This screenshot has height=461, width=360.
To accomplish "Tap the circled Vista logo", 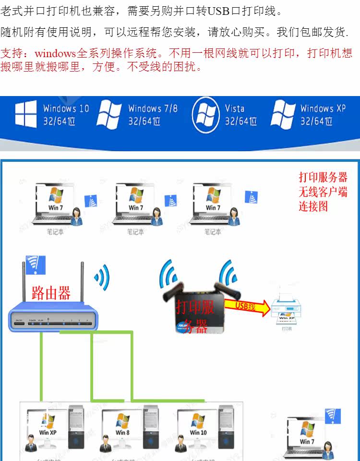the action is click(206, 115).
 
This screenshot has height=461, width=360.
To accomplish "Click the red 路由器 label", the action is click(51, 292).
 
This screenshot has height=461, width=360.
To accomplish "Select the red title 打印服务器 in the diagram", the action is click(323, 177).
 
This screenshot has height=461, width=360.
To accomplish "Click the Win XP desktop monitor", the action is click(47, 425).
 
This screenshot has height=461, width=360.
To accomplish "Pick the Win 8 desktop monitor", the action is click(122, 425).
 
